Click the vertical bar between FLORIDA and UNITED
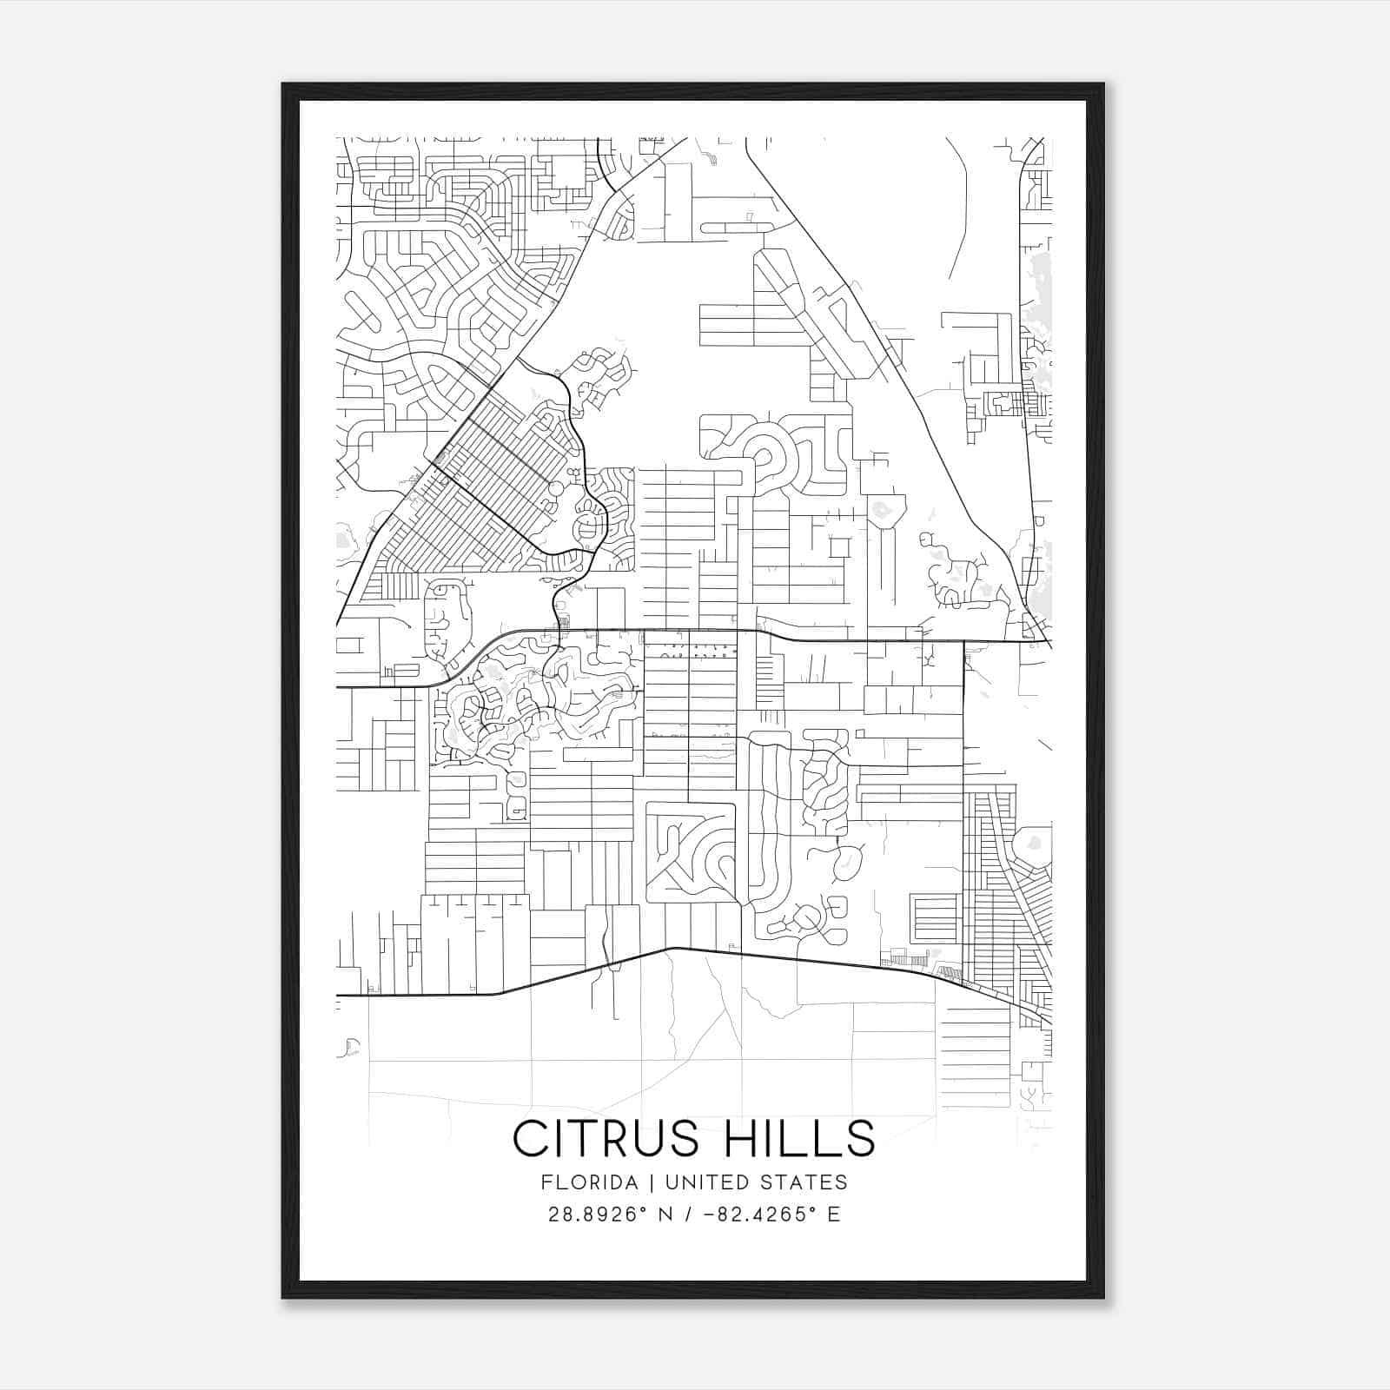click(639, 1182)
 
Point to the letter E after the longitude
click(833, 1215)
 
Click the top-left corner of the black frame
click(284, 85)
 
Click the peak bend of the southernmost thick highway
click(675, 949)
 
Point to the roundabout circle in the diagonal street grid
click(555, 489)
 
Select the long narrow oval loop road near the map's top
click(737, 228)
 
